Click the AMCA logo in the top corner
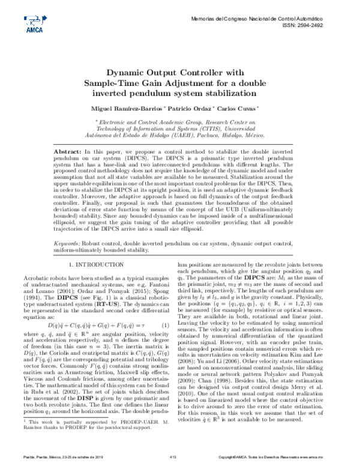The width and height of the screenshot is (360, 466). point(31,23)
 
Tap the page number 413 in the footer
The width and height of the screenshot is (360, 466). point(172,458)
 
